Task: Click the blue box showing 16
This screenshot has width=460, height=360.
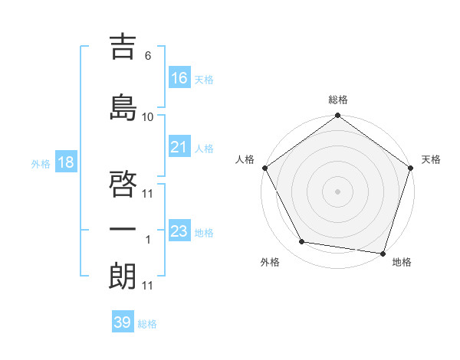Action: [x=179, y=77]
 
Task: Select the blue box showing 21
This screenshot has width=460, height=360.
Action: [x=179, y=147]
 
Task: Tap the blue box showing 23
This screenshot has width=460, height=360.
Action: [x=179, y=231]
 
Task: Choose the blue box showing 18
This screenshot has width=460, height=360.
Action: [x=65, y=163]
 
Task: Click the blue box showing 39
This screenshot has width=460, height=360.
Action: [x=122, y=322]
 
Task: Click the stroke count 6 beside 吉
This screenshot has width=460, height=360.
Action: [x=148, y=56]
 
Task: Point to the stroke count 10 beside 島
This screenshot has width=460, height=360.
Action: [x=148, y=117]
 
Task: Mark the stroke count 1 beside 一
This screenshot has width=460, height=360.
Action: [x=148, y=240]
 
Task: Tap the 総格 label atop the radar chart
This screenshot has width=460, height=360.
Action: [x=337, y=100]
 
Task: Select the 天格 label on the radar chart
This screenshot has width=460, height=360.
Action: [x=431, y=159]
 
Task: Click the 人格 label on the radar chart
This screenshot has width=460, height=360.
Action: [x=245, y=159]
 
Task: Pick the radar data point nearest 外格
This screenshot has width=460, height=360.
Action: [x=302, y=242]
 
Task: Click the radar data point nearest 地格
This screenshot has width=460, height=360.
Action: [x=382, y=253]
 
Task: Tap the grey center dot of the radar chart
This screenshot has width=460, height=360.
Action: [x=337, y=191]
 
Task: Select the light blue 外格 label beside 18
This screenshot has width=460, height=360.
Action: [x=40, y=164]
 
